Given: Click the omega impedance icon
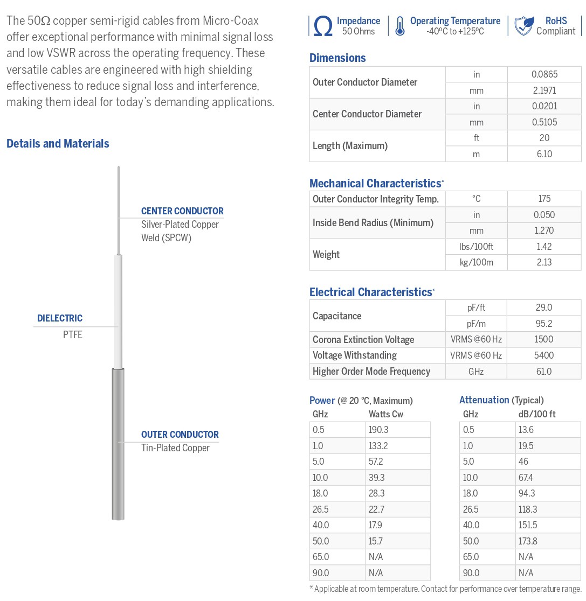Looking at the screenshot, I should coord(322,26).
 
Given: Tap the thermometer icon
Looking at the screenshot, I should coord(399,26).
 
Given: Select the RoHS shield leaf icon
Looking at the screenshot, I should coord(523,26).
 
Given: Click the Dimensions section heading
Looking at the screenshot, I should coord(337,58).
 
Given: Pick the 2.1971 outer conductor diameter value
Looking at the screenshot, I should coord(544,90).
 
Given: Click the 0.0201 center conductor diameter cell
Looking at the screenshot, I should coord(544,107).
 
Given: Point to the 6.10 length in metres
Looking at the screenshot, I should coord(544,154).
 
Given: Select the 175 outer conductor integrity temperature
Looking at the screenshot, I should coord(544,199).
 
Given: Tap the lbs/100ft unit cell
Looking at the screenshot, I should coord(476,247).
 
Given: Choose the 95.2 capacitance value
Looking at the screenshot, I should coord(544,324).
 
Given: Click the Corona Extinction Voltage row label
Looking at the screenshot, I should coord(363,340).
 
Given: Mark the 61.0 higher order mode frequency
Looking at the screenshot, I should coord(544,372).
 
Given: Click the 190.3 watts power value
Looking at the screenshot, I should coord(379,430).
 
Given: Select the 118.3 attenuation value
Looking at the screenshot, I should coord(527,509).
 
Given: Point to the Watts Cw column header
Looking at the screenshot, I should coord(386,414).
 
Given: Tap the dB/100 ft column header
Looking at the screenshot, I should coord(537,414).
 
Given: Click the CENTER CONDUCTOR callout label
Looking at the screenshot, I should coord(182,211).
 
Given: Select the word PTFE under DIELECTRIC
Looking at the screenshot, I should coord(73,335).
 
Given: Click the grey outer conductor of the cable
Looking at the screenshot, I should coord(118,442).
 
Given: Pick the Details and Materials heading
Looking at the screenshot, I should coord(58,144).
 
